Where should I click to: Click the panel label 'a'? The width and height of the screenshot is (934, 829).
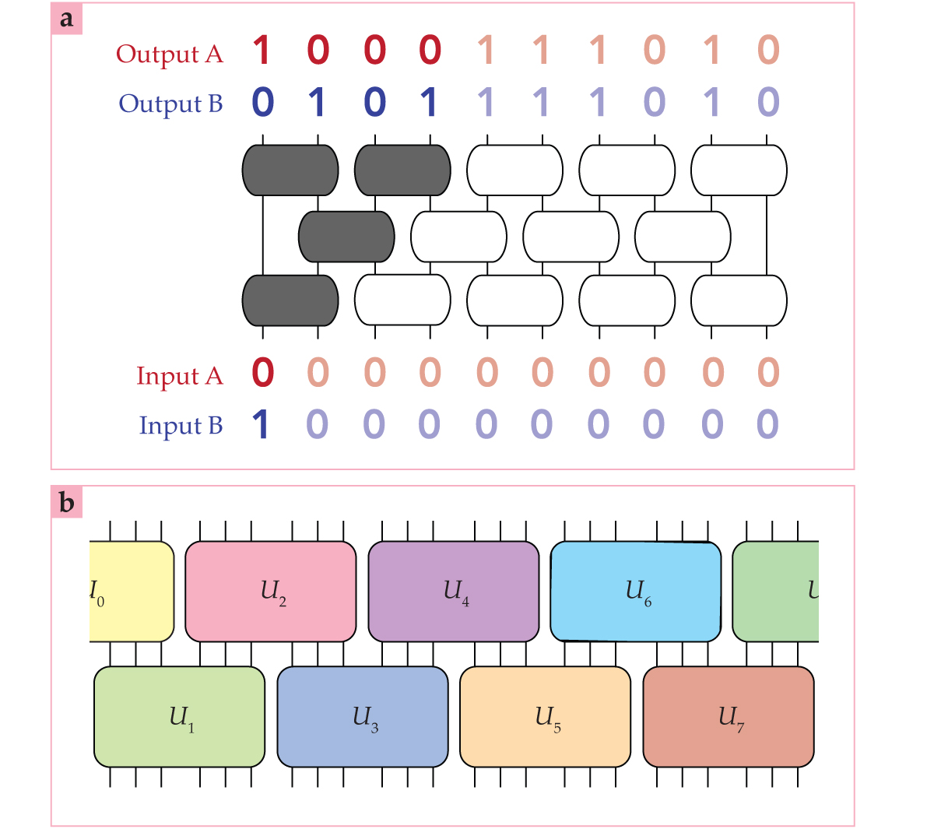pyautogui.click(x=67, y=19)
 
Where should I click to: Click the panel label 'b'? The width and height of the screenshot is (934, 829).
pyautogui.click(x=67, y=503)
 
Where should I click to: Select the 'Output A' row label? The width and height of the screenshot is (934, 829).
pyautogui.click(x=170, y=54)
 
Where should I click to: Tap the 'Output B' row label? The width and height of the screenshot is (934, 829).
pyautogui.click(x=170, y=104)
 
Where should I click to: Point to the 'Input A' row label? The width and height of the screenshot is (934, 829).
pyautogui.click(x=179, y=376)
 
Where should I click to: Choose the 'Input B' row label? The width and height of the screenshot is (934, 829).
pyautogui.click(x=181, y=426)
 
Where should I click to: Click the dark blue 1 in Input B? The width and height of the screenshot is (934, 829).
pyautogui.click(x=262, y=425)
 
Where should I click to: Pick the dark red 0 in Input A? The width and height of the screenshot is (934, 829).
pyautogui.click(x=263, y=374)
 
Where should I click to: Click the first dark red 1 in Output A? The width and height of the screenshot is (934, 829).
pyautogui.click(x=262, y=51)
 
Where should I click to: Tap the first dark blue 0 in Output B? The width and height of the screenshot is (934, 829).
pyautogui.click(x=263, y=103)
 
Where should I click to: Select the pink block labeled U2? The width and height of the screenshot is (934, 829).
pyautogui.click(x=270, y=592)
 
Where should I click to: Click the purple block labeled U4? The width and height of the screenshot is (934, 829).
pyautogui.click(x=453, y=592)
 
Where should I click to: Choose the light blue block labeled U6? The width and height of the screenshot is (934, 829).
pyautogui.click(x=635, y=592)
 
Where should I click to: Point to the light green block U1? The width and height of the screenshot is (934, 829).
pyautogui.click(x=179, y=716)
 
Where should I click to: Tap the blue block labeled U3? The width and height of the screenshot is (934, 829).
pyautogui.click(x=363, y=716)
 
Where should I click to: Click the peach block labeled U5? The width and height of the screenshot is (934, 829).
pyautogui.click(x=545, y=716)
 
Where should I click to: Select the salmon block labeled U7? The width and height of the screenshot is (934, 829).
pyautogui.click(x=729, y=716)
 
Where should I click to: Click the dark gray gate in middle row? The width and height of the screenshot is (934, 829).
pyautogui.click(x=346, y=237)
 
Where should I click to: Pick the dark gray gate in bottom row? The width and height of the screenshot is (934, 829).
pyautogui.click(x=290, y=300)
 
